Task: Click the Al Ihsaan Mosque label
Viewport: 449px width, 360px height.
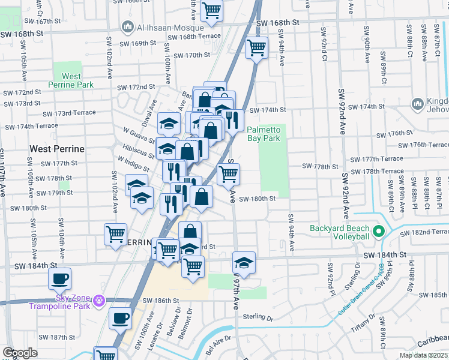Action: click(x=156, y=27)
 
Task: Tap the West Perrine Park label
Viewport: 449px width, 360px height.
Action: click(x=71, y=80)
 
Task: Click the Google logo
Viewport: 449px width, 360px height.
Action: click(x=20, y=353)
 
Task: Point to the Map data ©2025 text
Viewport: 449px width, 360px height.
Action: click(x=423, y=355)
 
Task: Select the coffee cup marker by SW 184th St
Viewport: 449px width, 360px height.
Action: click(x=60, y=278)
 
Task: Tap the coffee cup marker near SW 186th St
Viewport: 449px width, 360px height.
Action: click(x=120, y=318)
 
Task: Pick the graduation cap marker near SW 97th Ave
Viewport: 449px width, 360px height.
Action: click(x=244, y=262)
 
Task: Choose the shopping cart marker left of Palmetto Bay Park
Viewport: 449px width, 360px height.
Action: click(x=228, y=174)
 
